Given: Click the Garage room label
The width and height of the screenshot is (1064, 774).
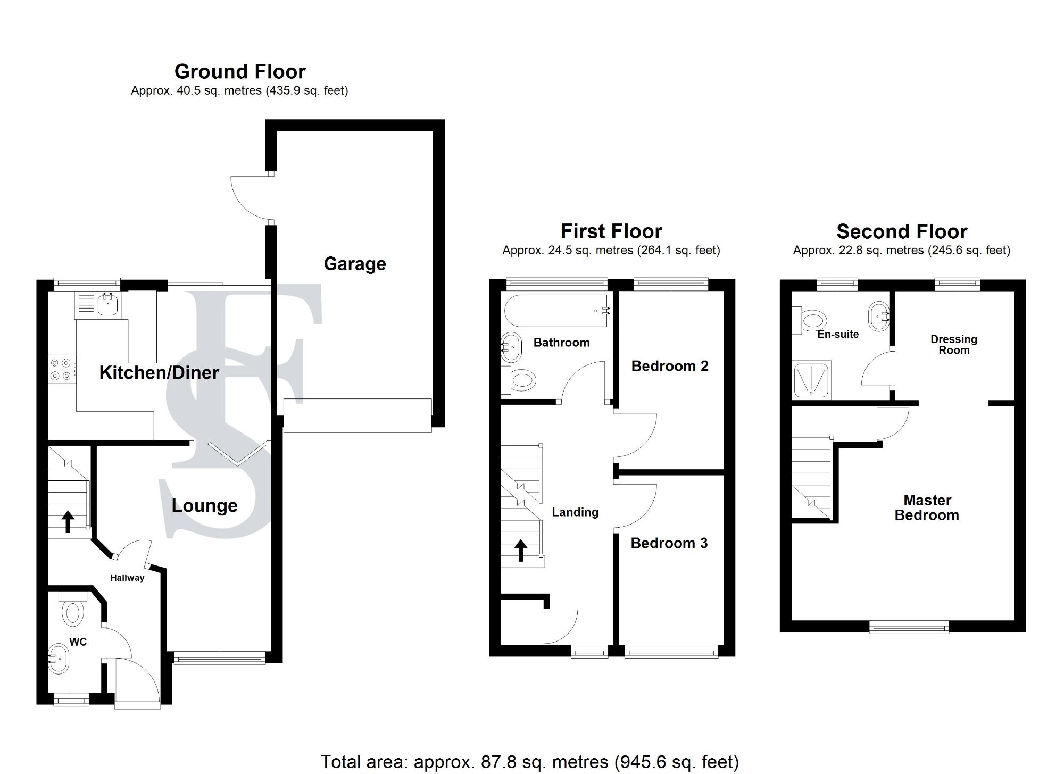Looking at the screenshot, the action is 355,264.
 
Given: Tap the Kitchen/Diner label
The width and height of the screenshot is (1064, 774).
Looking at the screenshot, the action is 159,372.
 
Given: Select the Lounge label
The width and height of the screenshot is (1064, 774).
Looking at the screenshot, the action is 204,505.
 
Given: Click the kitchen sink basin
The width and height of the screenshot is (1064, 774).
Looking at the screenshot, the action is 108,304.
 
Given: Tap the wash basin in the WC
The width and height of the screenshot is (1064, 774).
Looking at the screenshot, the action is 59,659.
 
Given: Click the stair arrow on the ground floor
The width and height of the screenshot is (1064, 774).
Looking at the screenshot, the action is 68,521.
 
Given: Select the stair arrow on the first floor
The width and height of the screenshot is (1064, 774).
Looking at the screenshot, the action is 521,551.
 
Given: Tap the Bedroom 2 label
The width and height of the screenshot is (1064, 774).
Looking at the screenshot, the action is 670,366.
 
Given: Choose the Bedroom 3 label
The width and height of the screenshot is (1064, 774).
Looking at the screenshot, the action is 669,543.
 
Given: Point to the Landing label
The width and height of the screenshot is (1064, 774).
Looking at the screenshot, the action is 575,512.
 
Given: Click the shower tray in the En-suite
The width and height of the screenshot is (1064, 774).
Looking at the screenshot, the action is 811,380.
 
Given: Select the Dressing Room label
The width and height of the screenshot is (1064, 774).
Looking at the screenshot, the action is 954,345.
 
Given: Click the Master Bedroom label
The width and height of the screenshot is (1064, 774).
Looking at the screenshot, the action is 927,507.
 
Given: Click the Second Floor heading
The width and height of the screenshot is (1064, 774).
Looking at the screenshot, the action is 902,231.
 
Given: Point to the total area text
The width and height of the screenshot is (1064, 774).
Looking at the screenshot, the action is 530,762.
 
